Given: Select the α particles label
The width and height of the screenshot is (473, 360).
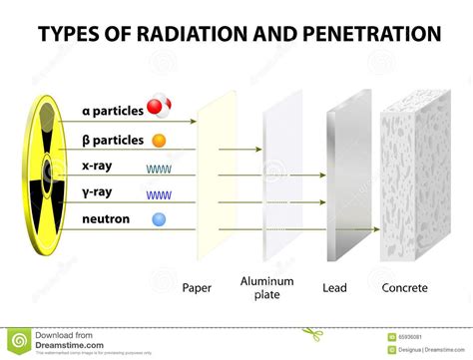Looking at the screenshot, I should pyautogui.click(x=111, y=110).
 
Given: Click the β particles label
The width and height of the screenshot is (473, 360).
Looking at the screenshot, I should pyautogui.click(x=111, y=140).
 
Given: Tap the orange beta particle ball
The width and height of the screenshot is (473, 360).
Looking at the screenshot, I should pyautogui.click(x=159, y=141).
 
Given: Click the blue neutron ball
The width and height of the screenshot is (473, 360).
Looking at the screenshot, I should pyautogui.click(x=159, y=218).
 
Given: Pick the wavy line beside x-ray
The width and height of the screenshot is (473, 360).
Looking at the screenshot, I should pyautogui.click(x=159, y=169).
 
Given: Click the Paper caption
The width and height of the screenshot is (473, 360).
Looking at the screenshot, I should pyautogui.click(x=197, y=288).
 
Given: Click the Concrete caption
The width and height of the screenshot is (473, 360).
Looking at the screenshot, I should pyautogui.click(x=404, y=288).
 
